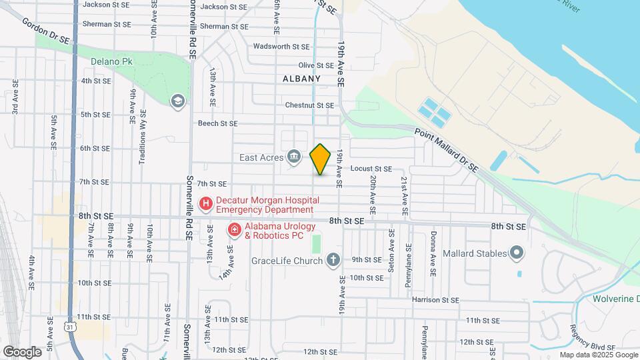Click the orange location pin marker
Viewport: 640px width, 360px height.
(x=320, y=159)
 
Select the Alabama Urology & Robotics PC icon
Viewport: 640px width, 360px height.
(x=235, y=231)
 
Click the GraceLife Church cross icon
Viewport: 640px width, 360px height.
(x=333, y=260)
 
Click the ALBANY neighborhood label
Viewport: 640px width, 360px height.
(x=301, y=79)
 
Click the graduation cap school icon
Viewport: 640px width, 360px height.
(x=177, y=101)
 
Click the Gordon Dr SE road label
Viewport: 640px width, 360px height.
(x=45, y=31)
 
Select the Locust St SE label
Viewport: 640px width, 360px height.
(x=371, y=169)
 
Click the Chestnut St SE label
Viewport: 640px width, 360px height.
(x=309, y=105)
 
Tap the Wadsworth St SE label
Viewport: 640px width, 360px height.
(x=282, y=47)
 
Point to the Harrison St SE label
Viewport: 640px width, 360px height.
(x=436, y=300)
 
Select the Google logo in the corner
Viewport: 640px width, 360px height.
(x=22, y=351)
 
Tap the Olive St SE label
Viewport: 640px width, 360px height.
(x=316, y=65)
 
